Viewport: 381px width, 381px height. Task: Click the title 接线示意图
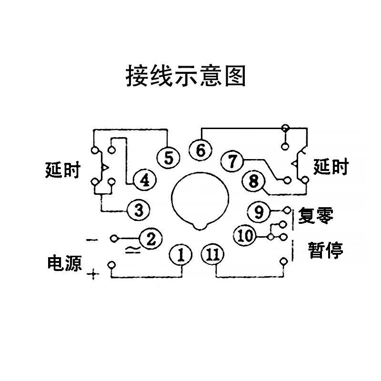pos(185,76)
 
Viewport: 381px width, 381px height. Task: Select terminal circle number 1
pos(181,255)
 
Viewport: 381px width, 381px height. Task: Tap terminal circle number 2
pos(150,239)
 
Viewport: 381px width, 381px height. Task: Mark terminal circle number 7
pos(232,161)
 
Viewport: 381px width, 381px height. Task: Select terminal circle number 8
pos(253,181)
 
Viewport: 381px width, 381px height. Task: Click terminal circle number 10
pos(246,236)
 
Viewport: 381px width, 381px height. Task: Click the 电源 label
pos(64,263)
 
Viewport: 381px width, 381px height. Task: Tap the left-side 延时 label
pos(63,170)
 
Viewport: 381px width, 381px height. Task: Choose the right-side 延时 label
pos(331,168)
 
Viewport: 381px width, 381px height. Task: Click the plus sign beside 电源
pos(94,275)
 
